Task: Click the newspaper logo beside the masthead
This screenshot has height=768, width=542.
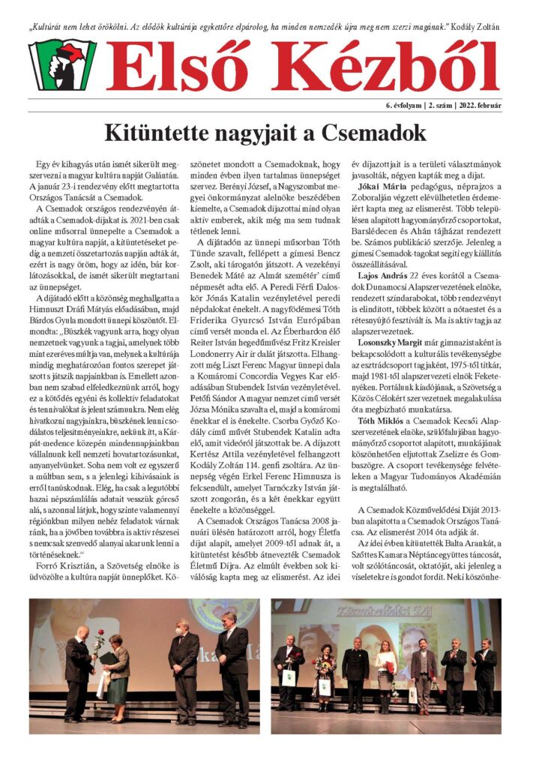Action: (x=61, y=65)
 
